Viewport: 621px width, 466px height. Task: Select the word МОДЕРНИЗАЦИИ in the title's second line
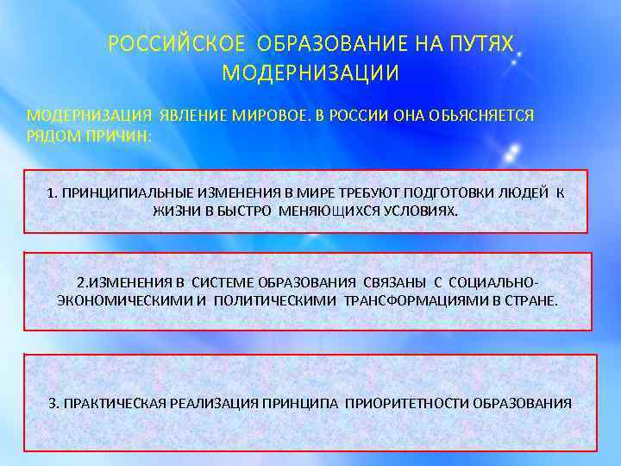[x=310, y=73]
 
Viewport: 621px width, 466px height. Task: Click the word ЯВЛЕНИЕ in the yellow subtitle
[x=191, y=115]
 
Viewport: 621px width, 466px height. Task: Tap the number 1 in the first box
[x=52, y=192]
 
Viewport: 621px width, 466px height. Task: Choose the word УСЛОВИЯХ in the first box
[x=425, y=210]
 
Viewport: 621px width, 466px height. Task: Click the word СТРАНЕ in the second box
[x=533, y=301]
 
